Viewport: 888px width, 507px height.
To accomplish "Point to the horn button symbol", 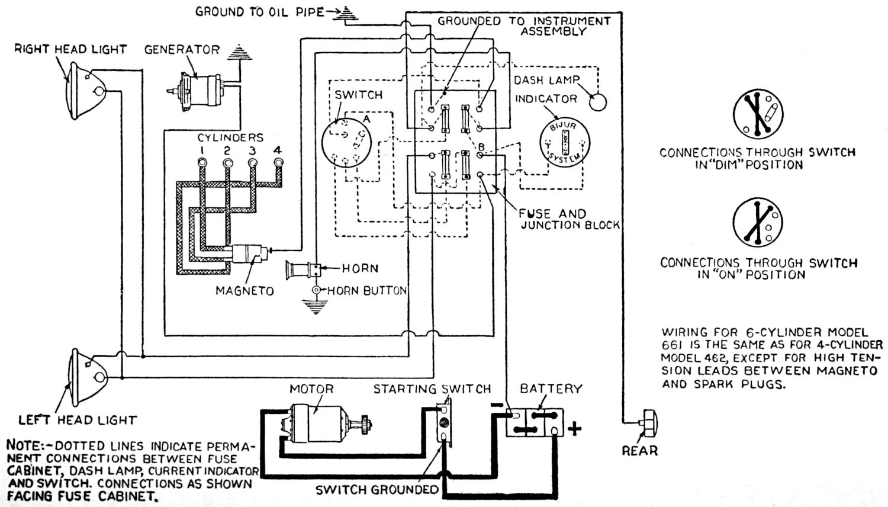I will point(317,290).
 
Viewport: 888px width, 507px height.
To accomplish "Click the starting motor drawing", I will point(317,423).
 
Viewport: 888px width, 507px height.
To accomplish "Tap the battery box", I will point(535,422).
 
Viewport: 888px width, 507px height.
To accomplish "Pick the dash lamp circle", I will point(598,101).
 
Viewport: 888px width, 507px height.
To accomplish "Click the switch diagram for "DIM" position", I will point(758,114).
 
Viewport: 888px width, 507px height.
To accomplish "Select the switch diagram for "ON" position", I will point(758,224).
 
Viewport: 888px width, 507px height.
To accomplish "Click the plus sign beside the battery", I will point(574,428).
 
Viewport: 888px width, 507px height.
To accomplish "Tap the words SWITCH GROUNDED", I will point(377,490).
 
